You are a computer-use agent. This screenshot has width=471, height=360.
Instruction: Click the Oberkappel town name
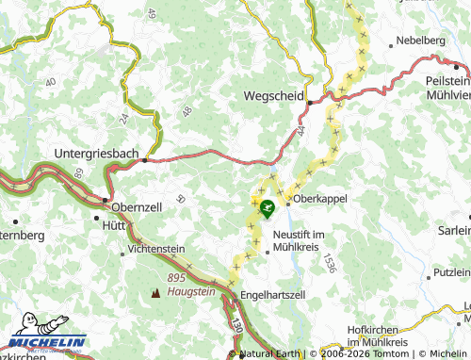pos(321,199)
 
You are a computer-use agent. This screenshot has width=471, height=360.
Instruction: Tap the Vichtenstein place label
pos(160,251)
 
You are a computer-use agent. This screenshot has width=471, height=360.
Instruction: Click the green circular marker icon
pos(268,206)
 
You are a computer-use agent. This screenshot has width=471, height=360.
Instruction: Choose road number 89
pos(78,172)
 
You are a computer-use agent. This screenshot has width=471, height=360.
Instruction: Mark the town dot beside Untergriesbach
pos(143,160)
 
